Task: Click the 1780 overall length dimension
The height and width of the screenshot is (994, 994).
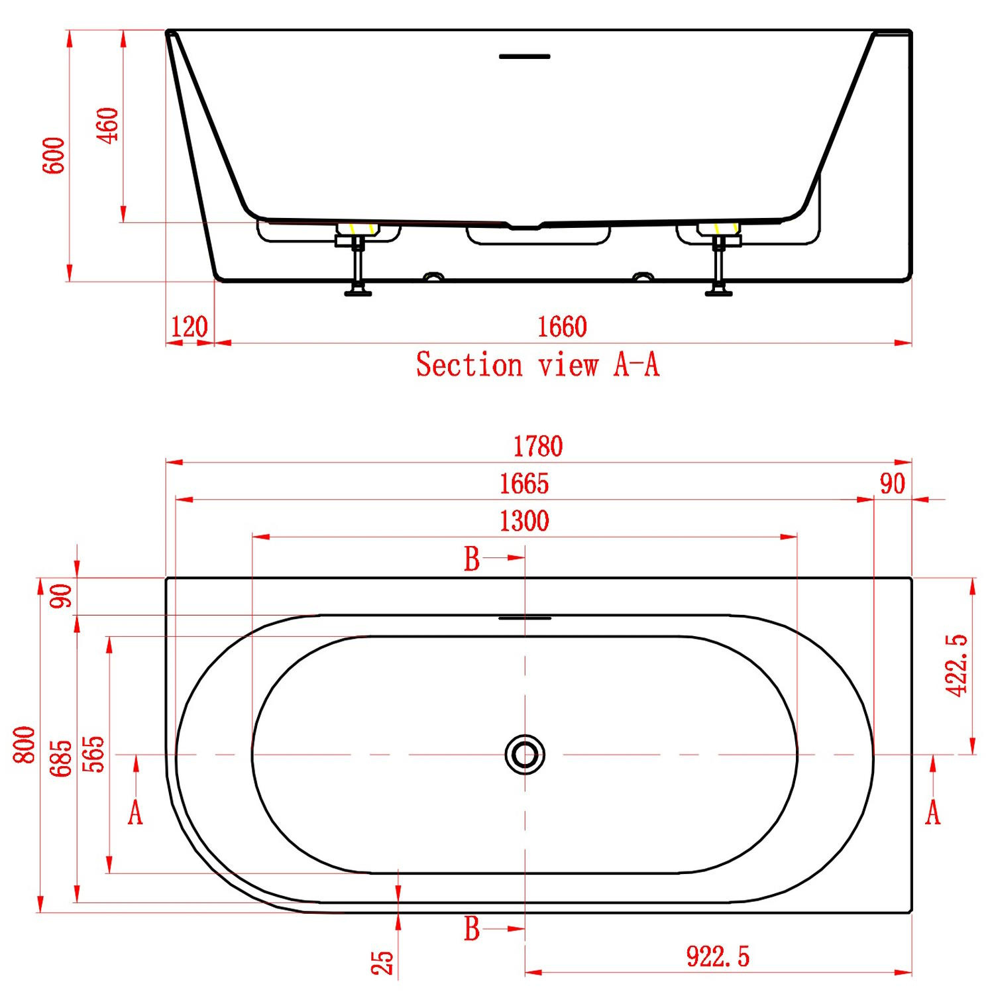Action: tap(538, 447)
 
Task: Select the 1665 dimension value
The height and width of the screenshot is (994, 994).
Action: tap(524, 484)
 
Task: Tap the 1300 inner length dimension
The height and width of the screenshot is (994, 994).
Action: tap(524, 521)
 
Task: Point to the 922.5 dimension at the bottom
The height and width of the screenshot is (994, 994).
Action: tap(718, 957)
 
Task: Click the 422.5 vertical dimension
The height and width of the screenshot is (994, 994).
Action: tap(956, 665)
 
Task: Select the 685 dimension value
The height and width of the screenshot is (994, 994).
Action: tap(60, 758)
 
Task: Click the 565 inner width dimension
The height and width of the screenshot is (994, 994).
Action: tap(93, 753)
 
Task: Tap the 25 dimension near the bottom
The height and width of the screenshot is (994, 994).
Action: tap(382, 962)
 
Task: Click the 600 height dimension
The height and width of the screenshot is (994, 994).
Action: tap(54, 156)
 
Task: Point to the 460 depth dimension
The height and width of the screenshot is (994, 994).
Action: tap(107, 125)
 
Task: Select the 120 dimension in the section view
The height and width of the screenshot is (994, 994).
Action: tap(189, 327)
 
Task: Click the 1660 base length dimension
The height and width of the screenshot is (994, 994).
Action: tap(561, 327)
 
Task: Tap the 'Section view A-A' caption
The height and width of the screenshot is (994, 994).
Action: tap(537, 364)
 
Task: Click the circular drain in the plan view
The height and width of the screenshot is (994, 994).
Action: tap(525, 754)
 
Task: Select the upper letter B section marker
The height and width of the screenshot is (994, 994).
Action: tap(472, 559)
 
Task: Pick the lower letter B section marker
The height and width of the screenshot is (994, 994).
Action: tap(472, 929)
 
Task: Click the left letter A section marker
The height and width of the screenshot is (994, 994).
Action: tap(135, 812)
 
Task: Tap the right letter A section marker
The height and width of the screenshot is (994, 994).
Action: tap(933, 812)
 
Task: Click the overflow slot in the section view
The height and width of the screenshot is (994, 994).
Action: tap(524, 57)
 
